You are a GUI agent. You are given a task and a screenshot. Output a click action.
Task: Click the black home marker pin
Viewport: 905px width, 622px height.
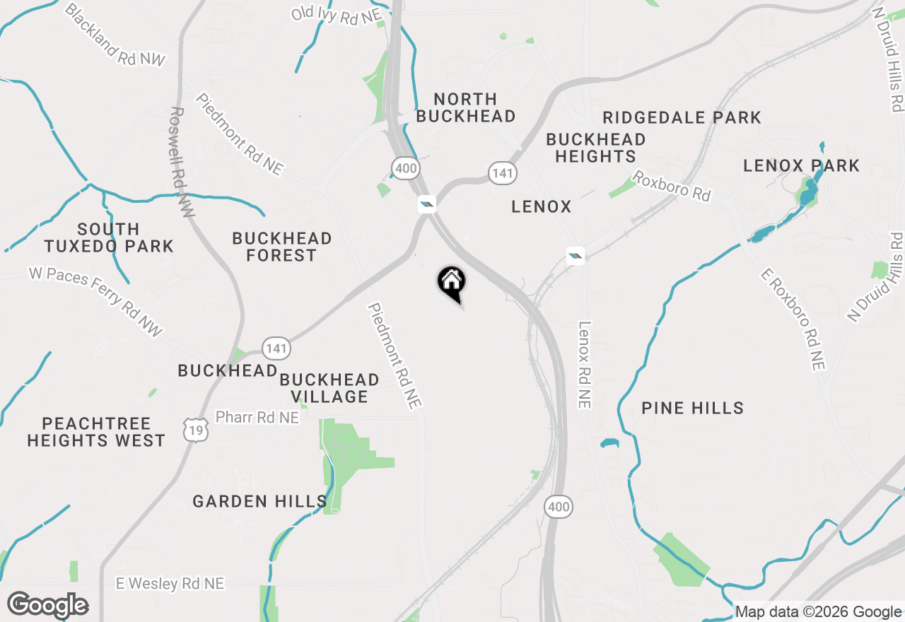click(x=451, y=283)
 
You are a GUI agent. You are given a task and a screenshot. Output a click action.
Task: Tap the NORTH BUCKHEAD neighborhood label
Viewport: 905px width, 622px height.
click(x=465, y=107)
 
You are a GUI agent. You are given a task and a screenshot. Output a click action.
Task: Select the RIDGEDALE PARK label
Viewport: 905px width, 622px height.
click(x=682, y=117)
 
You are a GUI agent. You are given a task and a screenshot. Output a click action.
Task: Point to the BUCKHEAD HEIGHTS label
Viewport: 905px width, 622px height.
click(x=595, y=148)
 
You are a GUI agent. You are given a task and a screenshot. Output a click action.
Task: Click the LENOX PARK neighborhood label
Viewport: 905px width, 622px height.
click(x=801, y=165)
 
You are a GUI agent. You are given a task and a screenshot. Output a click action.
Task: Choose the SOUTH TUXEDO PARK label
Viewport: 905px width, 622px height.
click(x=108, y=237)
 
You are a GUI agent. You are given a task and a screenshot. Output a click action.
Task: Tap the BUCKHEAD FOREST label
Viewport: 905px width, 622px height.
click(x=281, y=247)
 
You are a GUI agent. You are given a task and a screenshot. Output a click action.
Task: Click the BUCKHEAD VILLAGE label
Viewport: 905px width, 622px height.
click(x=329, y=388)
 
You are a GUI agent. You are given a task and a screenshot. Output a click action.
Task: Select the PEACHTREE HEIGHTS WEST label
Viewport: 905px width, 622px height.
click(x=96, y=432)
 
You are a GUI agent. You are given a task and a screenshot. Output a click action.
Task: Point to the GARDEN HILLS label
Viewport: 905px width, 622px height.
click(x=259, y=501)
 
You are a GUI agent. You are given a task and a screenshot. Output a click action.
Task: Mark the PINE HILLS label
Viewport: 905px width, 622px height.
click(x=692, y=408)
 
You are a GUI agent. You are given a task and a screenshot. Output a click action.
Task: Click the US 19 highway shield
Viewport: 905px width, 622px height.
click(x=195, y=429)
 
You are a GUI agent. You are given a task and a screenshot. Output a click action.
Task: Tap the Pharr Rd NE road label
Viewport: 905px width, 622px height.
click(x=257, y=418)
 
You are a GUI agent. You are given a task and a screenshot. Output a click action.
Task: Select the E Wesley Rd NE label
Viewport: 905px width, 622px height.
click(x=170, y=583)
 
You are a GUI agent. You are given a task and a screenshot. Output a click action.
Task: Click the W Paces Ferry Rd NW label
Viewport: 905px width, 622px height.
click(x=95, y=300)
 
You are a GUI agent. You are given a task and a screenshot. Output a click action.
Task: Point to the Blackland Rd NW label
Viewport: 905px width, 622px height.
click(x=115, y=35)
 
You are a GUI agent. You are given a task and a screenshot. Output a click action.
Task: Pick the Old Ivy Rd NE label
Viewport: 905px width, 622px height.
click(x=336, y=16)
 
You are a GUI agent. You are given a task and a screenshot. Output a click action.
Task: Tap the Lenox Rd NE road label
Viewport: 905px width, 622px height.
click(x=584, y=365)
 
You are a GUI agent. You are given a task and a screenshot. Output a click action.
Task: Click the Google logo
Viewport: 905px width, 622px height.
click(x=47, y=606)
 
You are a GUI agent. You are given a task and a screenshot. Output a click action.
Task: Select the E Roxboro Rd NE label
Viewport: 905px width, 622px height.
click(x=793, y=319)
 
